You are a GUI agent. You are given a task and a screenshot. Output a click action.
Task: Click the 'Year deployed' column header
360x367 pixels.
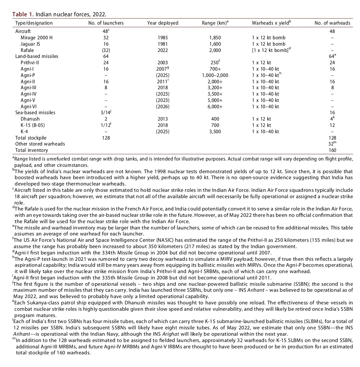pos(163,23)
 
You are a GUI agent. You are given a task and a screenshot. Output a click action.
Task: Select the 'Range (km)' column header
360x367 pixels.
pos(214,23)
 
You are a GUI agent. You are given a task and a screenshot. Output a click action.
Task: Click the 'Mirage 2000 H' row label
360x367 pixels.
pos(37,38)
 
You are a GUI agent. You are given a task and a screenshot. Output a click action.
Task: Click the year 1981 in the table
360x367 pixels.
pos(163,44)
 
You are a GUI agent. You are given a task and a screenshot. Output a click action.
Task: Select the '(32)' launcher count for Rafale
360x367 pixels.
pos(106,50)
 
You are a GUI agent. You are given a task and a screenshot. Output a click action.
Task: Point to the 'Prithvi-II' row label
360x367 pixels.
pos(31,63)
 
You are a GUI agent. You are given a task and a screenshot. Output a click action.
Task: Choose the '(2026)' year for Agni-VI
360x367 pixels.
pos(163,107)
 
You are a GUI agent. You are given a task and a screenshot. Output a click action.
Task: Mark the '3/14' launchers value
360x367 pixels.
pos(105,113)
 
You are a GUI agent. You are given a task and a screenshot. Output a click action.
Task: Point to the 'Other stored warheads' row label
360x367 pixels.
pos(40,144)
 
